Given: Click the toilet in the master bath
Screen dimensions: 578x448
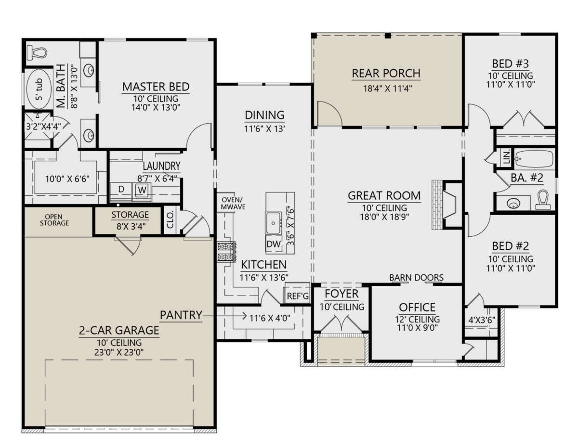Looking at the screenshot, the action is [37, 53].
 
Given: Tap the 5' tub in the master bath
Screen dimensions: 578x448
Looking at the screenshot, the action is [39, 89].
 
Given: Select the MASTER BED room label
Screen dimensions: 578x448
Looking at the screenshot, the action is [156, 87].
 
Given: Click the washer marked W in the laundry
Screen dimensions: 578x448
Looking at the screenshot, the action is [142, 190].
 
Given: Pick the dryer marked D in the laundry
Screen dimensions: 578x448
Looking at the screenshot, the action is [121, 190].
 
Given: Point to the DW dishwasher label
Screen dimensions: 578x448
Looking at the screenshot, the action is [274, 244].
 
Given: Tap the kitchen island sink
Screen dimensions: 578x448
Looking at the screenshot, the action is [273, 223].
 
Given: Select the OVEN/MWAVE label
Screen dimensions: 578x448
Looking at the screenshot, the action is [233, 203].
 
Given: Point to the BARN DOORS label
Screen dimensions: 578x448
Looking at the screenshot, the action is [416, 278].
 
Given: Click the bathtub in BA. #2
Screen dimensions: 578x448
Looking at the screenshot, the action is [534, 159].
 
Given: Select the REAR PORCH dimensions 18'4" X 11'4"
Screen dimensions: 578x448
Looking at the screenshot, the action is [388, 89].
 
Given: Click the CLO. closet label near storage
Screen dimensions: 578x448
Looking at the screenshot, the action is [170, 220].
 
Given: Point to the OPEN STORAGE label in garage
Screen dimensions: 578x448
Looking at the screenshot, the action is [54, 220].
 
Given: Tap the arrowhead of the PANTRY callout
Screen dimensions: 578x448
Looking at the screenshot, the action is [245, 316].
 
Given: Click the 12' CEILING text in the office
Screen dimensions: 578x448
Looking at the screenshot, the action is [417, 319].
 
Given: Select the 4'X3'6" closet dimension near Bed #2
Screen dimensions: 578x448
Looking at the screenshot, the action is [482, 320].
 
